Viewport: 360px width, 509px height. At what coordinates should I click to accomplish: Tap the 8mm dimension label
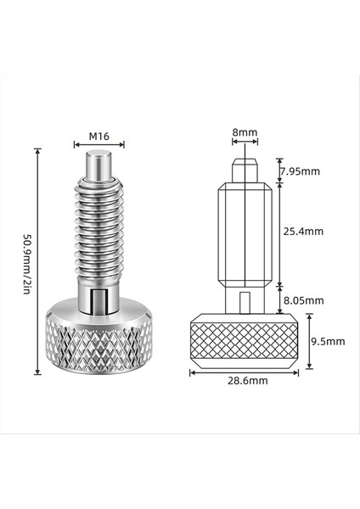tap(245, 132)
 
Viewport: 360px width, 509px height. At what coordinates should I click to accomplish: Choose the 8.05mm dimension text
tap(302, 299)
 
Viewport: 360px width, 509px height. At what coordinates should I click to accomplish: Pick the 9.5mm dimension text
tap(328, 341)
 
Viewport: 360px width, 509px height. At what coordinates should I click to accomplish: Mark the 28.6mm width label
tap(245, 381)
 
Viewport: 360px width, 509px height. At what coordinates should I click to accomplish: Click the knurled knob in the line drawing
tap(245, 340)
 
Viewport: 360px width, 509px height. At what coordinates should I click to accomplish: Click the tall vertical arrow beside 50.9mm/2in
tap(37, 260)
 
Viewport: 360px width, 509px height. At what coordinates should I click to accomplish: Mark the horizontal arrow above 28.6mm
tap(245, 370)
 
